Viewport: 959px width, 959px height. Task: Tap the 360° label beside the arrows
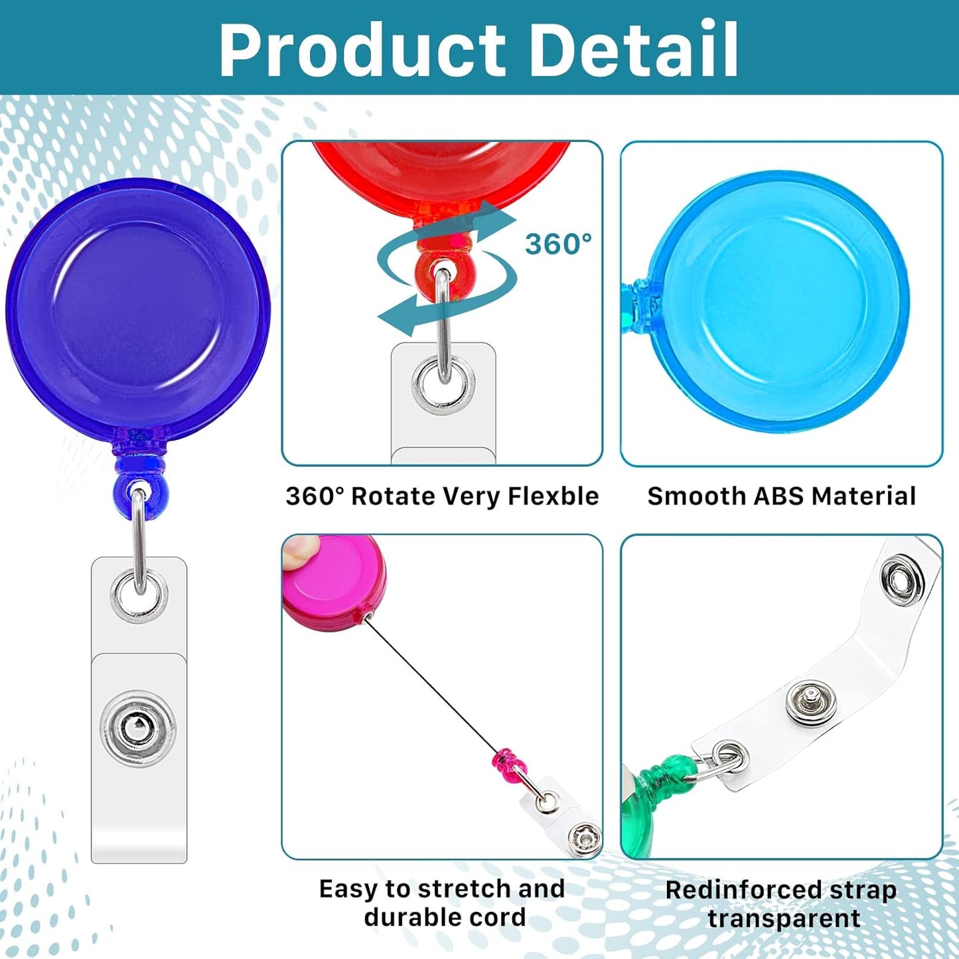558,244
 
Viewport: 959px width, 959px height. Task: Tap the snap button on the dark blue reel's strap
138,728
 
